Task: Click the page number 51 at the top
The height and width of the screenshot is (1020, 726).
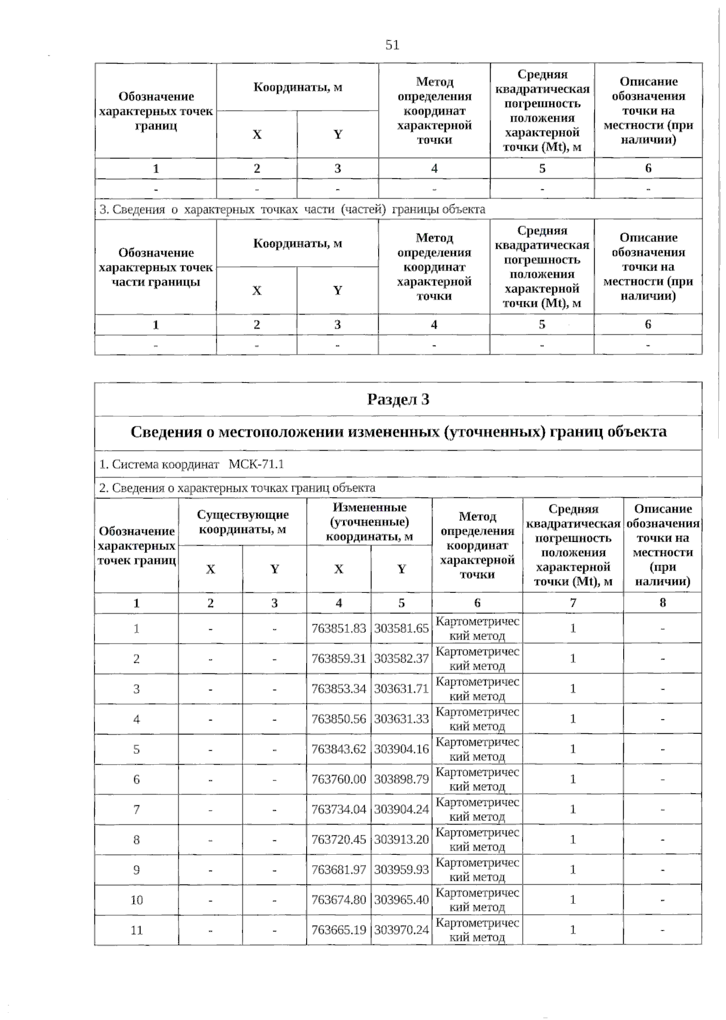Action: pyautogui.click(x=392, y=45)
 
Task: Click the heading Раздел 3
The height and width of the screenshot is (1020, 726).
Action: pyautogui.click(x=398, y=399)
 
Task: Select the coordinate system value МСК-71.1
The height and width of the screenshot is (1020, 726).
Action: pyautogui.click(x=257, y=464)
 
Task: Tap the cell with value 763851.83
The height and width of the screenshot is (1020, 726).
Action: pyautogui.click(x=339, y=628)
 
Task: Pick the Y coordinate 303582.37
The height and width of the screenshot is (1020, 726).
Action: pyautogui.click(x=401, y=658)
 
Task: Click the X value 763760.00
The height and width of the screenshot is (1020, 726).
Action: pyautogui.click(x=339, y=779)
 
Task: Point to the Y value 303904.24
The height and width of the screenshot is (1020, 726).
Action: pyautogui.click(x=401, y=809)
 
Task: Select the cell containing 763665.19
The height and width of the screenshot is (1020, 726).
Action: pyautogui.click(x=339, y=930)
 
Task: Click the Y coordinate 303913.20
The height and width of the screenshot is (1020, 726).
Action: pyautogui.click(x=401, y=840)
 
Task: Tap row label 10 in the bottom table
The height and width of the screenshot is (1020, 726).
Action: pyautogui.click(x=137, y=900)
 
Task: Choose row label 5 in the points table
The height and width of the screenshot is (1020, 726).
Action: pyautogui.click(x=137, y=749)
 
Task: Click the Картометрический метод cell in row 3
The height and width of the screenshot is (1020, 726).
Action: pyautogui.click(x=477, y=688)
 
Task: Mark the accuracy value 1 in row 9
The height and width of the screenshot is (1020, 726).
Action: pyautogui.click(x=573, y=870)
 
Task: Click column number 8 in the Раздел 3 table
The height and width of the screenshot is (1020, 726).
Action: pyautogui.click(x=662, y=603)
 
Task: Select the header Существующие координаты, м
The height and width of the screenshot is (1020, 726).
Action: pyautogui.click(x=243, y=522)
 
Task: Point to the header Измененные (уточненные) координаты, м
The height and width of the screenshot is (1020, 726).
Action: pyautogui.click(x=369, y=522)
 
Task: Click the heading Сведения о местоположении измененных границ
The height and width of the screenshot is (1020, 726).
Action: pyautogui.click(x=398, y=432)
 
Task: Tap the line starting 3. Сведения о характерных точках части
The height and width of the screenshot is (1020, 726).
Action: pyautogui.click(x=292, y=209)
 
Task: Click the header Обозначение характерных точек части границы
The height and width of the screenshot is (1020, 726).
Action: pyautogui.click(x=156, y=267)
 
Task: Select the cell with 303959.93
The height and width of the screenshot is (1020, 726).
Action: pyautogui.click(x=401, y=870)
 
